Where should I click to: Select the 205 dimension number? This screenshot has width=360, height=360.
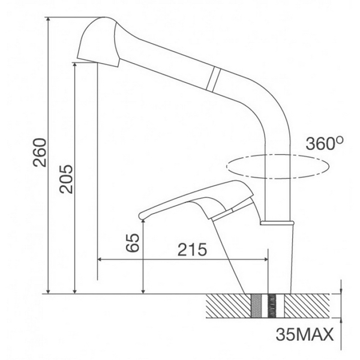[x=67, y=178]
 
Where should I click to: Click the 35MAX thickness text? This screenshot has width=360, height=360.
[x=304, y=334]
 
